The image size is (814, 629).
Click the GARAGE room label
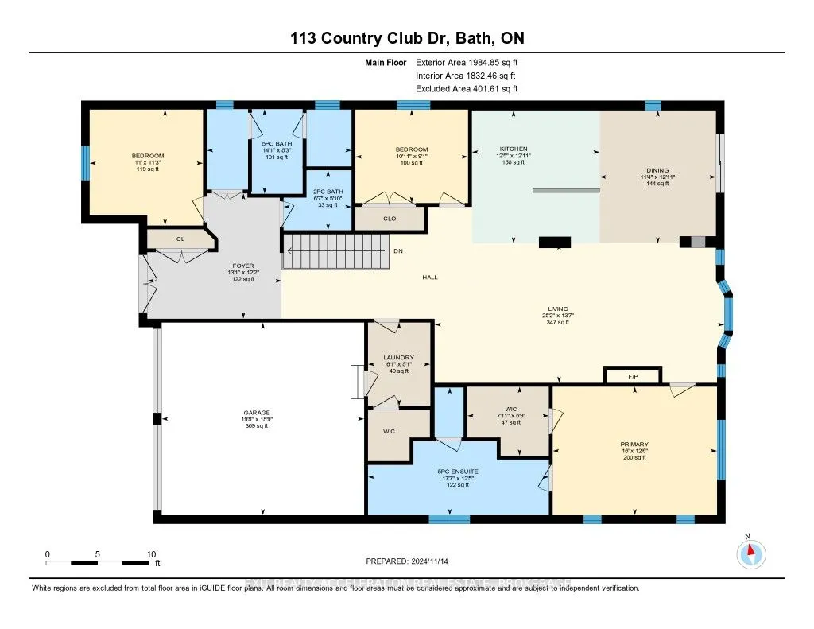pyautogui.click(x=255, y=413)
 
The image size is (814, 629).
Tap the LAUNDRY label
pyautogui.click(x=397, y=358)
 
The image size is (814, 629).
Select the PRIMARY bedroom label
pyautogui.click(x=634, y=445)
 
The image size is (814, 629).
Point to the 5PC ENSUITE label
pyautogui.click(x=457, y=472)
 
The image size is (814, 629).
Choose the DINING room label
pyautogui.click(x=657, y=170)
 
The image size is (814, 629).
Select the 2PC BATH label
pyautogui.click(x=328, y=192)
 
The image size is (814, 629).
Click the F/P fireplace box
pyautogui.click(x=633, y=375)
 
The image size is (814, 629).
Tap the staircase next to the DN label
pyautogui.click(x=335, y=251)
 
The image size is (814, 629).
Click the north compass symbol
pyautogui.click(x=750, y=553)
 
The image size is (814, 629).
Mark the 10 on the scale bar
pyautogui.click(x=151, y=554)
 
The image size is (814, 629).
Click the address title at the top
pyautogui.click(x=407, y=38)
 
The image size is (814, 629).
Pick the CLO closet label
pyautogui.click(x=390, y=219)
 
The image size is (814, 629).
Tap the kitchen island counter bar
pyautogui.click(x=566, y=190)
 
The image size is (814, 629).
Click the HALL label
pyautogui.click(x=430, y=278)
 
